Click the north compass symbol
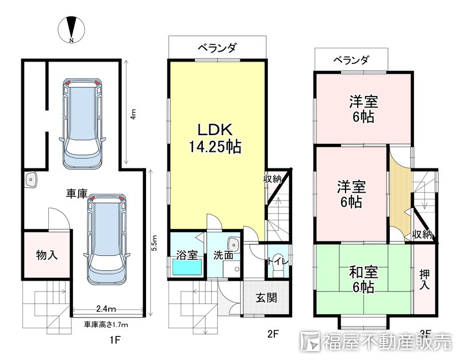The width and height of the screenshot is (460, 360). (x=71, y=30)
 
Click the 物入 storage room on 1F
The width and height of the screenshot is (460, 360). (x=46, y=254)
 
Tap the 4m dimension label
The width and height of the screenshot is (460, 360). (x=133, y=114)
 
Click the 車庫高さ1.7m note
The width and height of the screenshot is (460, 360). (x=106, y=324)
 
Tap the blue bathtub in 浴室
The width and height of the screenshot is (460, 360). (x=187, y=269)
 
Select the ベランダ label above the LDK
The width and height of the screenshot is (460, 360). (x=218, y=48)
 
